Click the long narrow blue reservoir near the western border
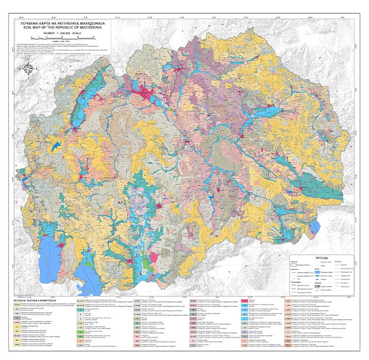click(55, 147)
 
